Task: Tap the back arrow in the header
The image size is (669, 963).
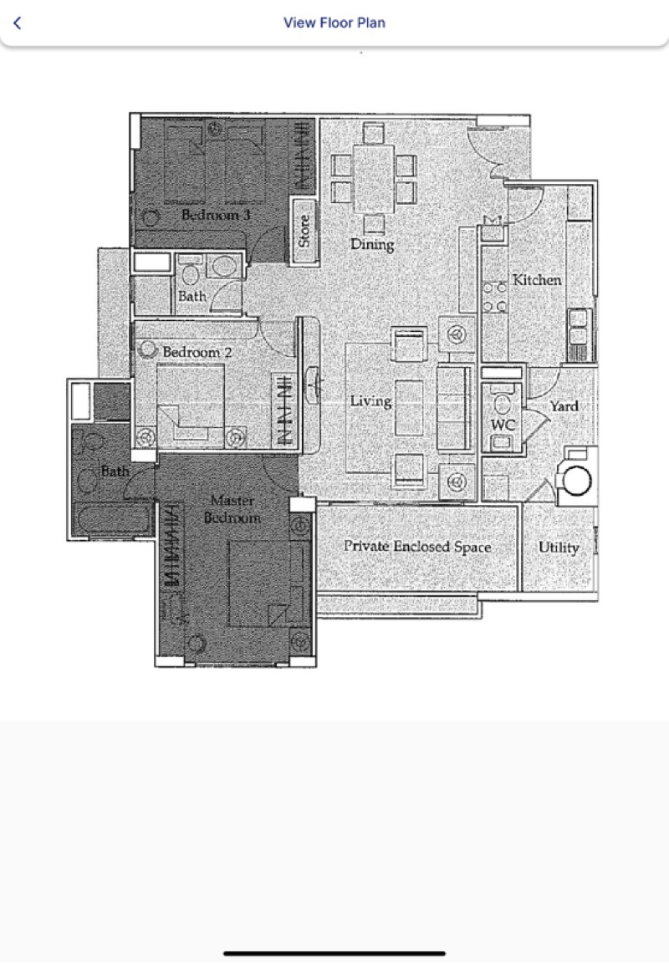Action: point(18,23)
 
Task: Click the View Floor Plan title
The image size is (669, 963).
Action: point(334,23)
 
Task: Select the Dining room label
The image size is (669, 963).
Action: point(372,244)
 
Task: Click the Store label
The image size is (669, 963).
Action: point(304,231)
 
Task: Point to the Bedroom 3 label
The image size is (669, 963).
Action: point(217,215)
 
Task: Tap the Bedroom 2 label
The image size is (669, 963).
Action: point(197,352)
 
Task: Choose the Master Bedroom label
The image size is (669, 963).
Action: point(232,509)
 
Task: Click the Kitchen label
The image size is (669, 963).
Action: point(537,280)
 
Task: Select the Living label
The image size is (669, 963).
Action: point(371,401)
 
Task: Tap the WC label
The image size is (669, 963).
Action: point(503,425)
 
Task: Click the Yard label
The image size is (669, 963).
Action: point(564,406)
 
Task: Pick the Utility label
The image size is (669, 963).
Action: point(559,548)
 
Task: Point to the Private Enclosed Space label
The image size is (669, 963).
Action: point(417,546)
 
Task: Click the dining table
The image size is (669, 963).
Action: point(374,178)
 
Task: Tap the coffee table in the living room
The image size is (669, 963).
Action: point(409,408)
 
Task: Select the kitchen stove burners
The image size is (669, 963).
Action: point(494,297)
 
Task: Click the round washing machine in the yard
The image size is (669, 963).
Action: point(577,480)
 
